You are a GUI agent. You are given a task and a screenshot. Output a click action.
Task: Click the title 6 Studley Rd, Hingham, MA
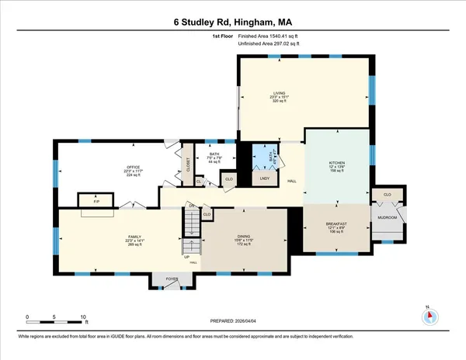pyautogui.click(x=232, y=24)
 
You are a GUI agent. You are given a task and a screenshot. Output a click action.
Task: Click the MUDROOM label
pyautogui.click(x=387, y=218)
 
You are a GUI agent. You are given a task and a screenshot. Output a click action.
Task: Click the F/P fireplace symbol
pyautogui.click(x=97, y=202)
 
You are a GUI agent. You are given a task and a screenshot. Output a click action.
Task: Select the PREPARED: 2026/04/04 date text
pyautogui.click(x=232, y=321)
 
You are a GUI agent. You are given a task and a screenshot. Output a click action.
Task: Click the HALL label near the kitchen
pyautogui.click(x=292, y=181)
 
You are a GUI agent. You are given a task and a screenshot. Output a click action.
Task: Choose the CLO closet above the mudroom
pyautogui.click(x=386, y=194)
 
